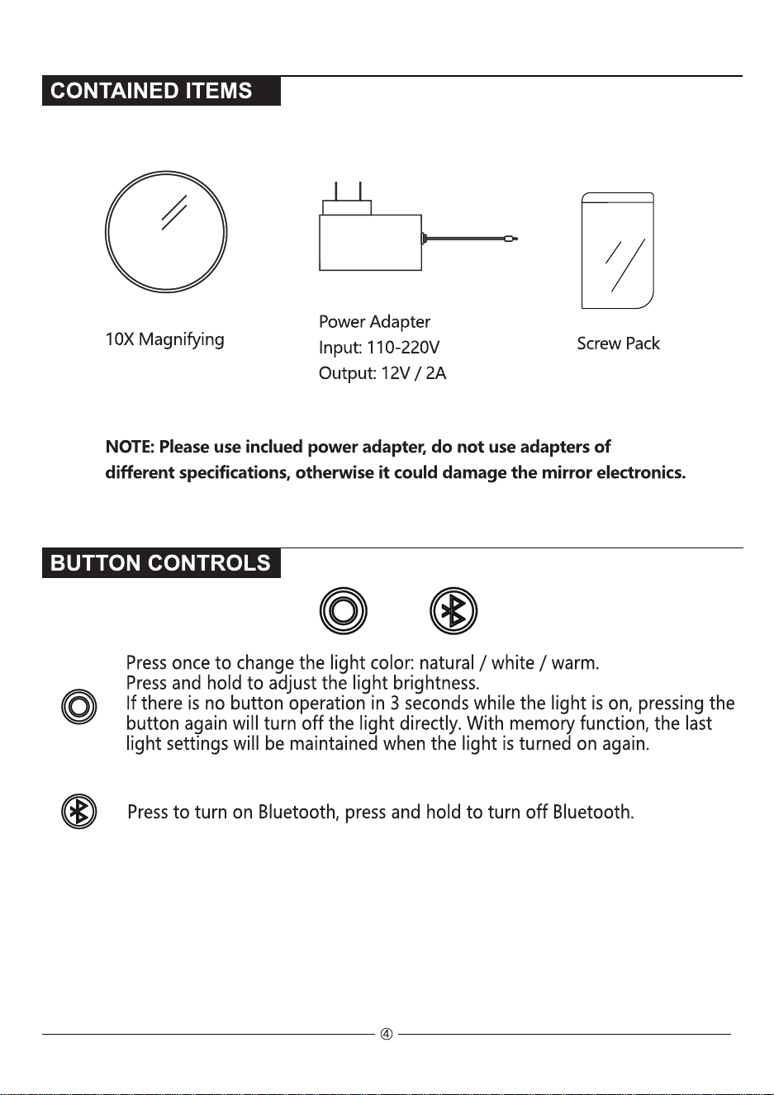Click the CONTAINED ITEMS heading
[x=151, y=91]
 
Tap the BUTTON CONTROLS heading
[x=160, y=563]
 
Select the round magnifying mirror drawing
[x=166, y=171]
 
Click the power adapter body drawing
[x=370, y=242]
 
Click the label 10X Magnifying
[x=164, y=339]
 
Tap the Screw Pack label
[x=618, y=344]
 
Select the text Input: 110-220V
[x=379, y=348]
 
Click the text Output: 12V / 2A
[x=382, y=373]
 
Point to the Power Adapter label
[x=374, y=322]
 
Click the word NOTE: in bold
[x=130, y=446]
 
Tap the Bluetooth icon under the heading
[x=453, y=611]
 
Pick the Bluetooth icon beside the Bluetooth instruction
[x=78, y=812]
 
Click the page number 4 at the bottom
[x=387, y=1034]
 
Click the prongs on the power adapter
[x=348, y=191]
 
